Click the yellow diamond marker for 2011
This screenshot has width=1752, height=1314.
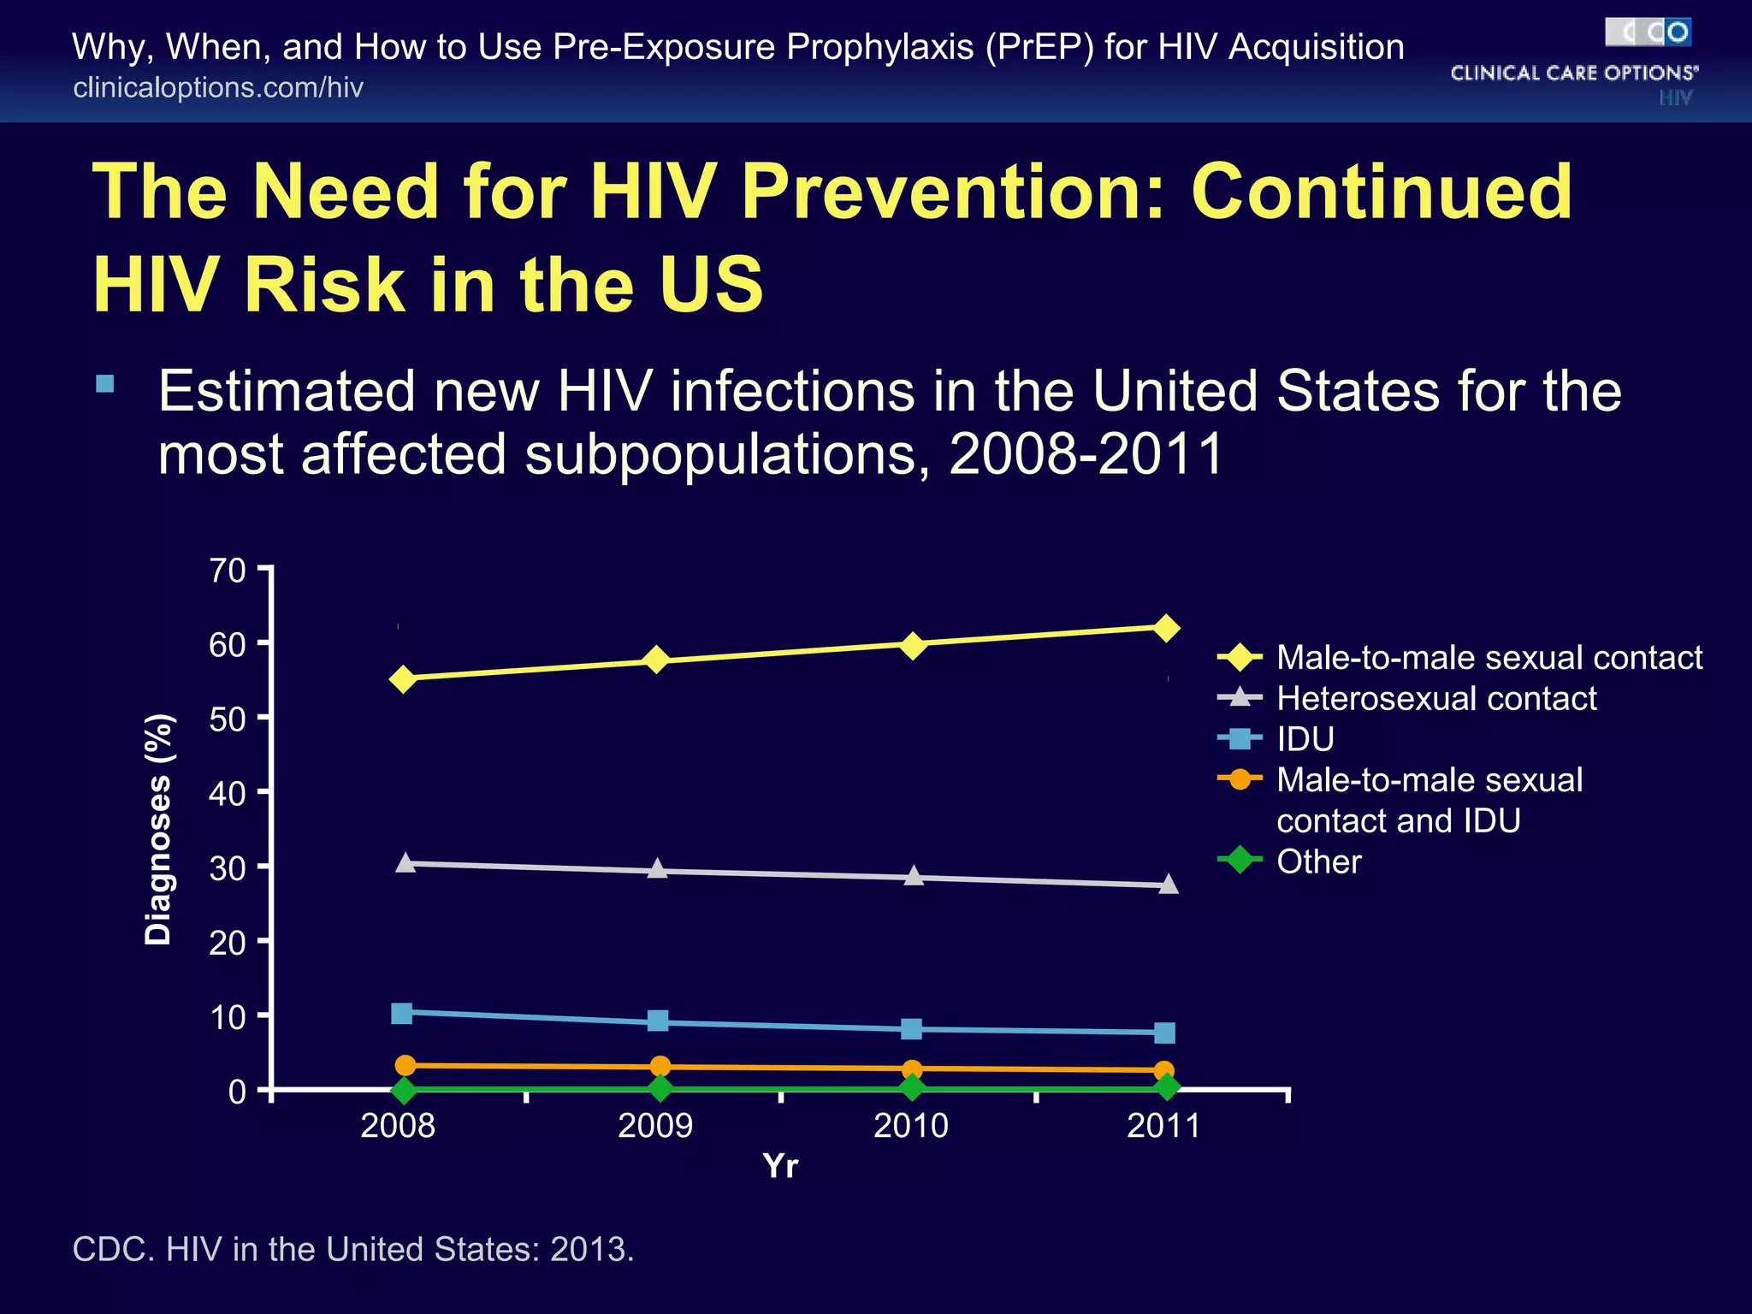1166,629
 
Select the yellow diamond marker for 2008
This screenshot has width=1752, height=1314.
403,679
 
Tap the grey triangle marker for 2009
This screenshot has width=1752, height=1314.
657,869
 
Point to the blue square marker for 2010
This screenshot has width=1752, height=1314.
912,1028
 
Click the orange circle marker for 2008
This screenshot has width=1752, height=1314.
405,1065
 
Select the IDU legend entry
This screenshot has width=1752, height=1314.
1305,738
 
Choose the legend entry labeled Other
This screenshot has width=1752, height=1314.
1318,861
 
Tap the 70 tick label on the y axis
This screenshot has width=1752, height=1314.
227,571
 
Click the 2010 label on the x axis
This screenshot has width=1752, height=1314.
911,1125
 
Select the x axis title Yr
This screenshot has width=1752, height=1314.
780,1165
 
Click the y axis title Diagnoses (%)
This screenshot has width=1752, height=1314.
158,829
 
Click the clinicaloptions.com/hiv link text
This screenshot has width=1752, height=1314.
218,87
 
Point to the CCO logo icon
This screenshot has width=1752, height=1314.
1647,33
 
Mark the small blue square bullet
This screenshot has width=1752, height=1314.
105,383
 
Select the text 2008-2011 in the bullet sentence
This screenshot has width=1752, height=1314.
1086,453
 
